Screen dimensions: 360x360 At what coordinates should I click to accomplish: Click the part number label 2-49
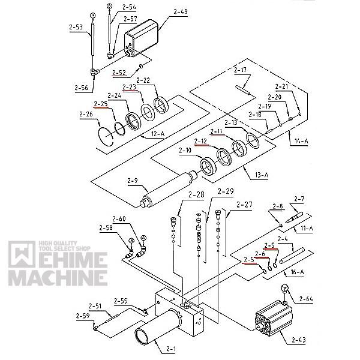(181, 11)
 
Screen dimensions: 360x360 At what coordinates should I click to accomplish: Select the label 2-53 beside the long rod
(76, 27)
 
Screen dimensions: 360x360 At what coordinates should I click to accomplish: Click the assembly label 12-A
(158, 134)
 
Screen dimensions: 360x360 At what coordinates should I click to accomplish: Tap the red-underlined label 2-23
(130, 88)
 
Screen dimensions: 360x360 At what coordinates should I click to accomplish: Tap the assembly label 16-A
(297, 271)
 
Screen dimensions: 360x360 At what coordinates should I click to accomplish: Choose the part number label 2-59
(83, 316)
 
